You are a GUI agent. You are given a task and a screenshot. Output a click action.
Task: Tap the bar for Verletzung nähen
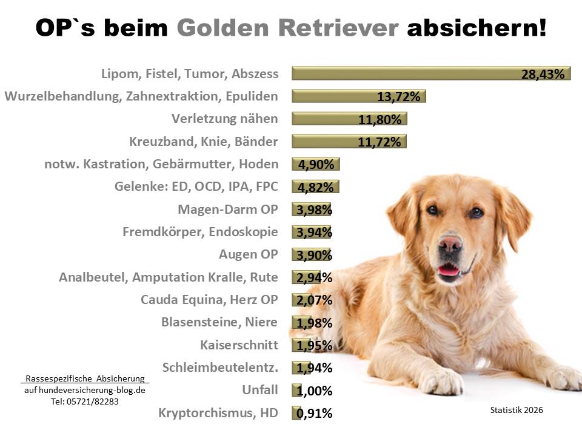[x=349, y=119]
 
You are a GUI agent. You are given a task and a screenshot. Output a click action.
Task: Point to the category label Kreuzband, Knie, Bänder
[x=203, y=142]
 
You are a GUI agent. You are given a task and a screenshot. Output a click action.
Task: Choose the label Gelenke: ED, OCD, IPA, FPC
[x=196, y=187]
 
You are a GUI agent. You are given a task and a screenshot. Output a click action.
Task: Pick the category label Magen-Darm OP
[x=227, y=210]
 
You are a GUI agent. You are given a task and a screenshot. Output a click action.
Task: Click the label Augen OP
[x=248, y=254]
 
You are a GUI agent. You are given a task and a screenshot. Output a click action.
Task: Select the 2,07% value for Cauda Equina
[x=314, y=300]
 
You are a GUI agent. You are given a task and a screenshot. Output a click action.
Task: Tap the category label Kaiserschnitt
[x=239, y=345]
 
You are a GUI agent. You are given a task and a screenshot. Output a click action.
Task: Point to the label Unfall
[x=261, y=390]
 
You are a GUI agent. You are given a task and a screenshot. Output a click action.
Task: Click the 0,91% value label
[x=314, y=414]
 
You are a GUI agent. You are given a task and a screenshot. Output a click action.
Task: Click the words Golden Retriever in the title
[x=289, y=27]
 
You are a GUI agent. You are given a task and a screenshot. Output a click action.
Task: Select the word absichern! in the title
[x=477, y=27]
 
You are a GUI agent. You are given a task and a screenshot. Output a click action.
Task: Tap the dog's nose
[x=450, y=243]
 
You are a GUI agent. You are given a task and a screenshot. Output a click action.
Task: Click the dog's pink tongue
[x=449, y=270]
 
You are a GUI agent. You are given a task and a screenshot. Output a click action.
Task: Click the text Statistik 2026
[x=517, y=410]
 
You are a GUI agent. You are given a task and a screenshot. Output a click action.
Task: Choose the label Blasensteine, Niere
[x=219, y=323]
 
